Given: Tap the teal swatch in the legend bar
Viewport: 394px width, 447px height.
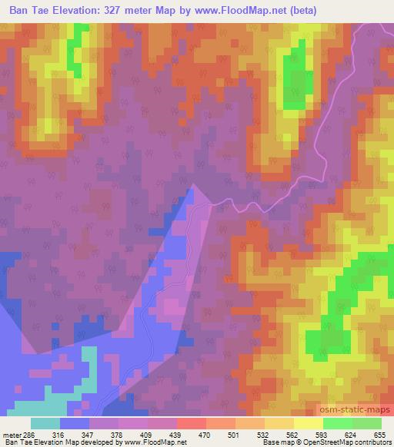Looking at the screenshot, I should point(45,423).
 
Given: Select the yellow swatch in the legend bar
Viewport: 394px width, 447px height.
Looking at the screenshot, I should point(309,423).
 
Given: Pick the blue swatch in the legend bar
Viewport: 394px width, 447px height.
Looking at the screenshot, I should point(74,423).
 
